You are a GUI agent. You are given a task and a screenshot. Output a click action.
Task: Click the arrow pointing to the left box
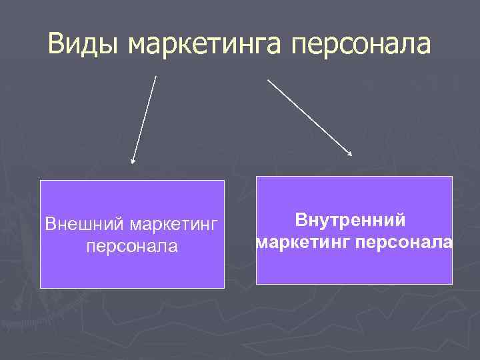tap(145, 119)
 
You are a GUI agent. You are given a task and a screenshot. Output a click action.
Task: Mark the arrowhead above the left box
tap(133, 161)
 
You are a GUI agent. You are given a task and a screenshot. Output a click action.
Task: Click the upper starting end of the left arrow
tap(156, 77)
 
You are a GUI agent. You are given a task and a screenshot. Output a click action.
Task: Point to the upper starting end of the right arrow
tap(269, 79)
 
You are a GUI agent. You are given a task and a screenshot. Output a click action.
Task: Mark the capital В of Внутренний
tap(301, 219)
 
